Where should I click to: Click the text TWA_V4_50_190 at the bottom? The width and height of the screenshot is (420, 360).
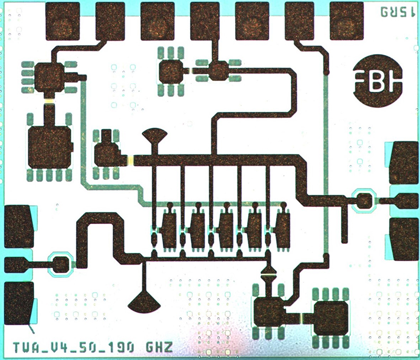73,347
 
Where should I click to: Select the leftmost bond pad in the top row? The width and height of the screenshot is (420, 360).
63,21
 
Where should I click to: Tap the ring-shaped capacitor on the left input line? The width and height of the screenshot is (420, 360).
60,263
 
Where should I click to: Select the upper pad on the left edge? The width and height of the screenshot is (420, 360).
19,226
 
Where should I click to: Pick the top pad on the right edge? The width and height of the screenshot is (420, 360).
405,162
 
